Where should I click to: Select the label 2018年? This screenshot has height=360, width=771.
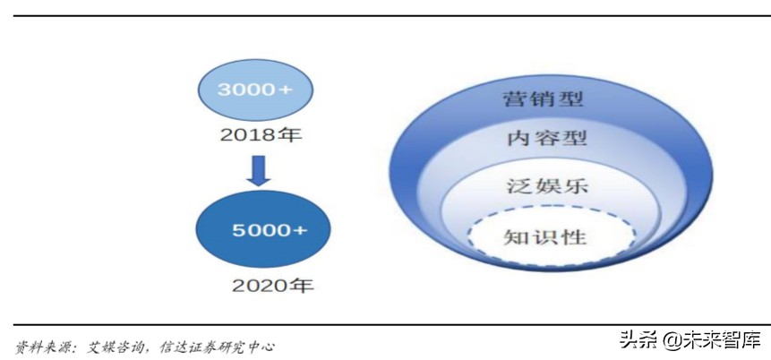tap(261, 137)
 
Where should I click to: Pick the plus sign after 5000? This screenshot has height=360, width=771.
tap(300, 230)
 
